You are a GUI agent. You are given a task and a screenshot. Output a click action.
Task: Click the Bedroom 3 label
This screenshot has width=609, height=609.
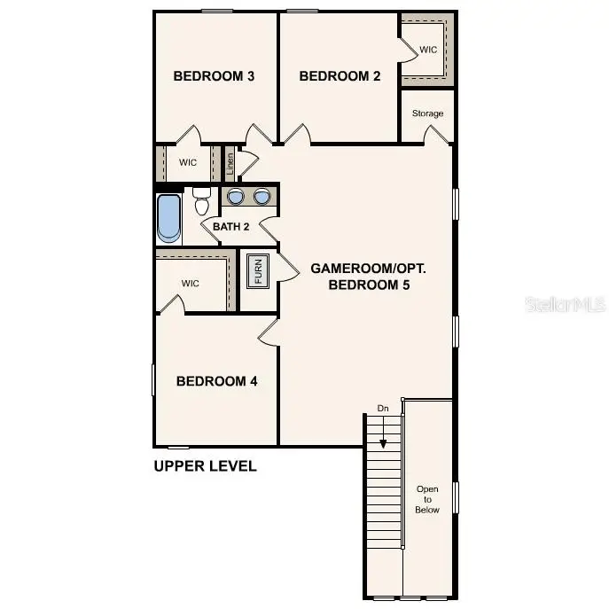click(x=214, y=76)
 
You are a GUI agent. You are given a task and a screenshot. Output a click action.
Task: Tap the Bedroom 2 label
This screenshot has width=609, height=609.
click(x=340, y=76)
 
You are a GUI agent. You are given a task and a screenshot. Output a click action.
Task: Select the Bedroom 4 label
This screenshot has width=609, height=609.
click(x=216, y=381)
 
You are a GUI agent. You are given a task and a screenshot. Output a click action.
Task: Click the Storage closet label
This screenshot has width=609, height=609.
click(x=427, y=113)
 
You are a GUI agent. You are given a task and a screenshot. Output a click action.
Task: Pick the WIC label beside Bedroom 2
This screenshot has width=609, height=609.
click(x=428, y=50)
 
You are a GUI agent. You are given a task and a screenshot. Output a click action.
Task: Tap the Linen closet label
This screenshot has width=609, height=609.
click(x=230, y=163)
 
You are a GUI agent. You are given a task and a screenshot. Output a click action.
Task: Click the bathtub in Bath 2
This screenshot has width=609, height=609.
click(x=168, y=218)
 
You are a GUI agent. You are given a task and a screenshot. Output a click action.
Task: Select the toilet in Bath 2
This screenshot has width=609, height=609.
click(x=201, y=202)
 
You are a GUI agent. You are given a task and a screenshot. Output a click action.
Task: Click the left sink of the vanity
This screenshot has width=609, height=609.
click(x=236, y=197)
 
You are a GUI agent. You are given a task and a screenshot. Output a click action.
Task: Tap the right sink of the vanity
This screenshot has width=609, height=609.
click(x=262, y=197)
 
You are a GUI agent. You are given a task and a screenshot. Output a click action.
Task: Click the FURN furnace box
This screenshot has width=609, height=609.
click(x=258, y=270)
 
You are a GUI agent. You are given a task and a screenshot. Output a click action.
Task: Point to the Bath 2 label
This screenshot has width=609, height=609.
click(x=230, y=226)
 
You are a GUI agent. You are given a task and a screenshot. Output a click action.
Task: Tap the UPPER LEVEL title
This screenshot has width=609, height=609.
click(x=205, y=465)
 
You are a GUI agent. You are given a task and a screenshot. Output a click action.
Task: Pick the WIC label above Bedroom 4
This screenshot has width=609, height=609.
click(x=191, y=284)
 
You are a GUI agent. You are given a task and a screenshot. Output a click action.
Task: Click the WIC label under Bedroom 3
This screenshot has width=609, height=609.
click(x=188, y=162)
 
